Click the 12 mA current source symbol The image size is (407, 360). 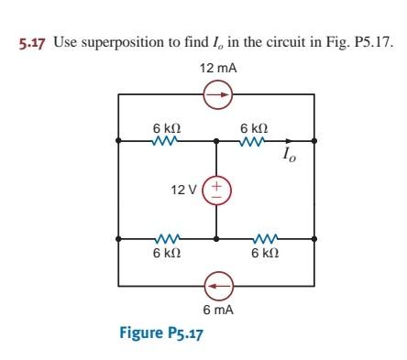point(217,93)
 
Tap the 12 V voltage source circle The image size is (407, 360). point(217,190)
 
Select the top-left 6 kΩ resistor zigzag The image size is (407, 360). point(167,142)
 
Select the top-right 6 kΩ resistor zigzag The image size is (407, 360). point(254,142)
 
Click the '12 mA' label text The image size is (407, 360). point(216,70)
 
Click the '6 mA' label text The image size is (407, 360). point(216,311)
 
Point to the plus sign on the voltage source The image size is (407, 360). point(217,182)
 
